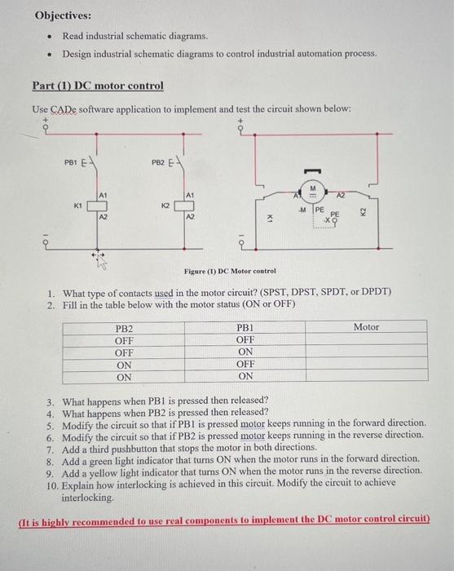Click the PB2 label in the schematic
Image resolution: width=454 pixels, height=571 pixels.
[157, 162]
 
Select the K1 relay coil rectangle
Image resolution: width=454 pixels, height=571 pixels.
[99, 207]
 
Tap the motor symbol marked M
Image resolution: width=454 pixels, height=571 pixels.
[311, 197]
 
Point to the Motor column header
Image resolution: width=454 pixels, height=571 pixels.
[366, 326]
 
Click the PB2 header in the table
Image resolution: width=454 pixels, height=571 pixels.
[125, 327]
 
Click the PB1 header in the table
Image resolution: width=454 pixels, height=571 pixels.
[245, 327]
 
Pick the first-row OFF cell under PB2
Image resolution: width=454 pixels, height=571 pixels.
[125, 340]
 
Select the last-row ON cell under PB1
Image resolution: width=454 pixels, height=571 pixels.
[245, 377]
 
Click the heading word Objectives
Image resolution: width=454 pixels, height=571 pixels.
[63, 15]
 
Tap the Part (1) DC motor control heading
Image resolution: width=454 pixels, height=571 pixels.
[98, 86]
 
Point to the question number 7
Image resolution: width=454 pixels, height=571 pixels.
[51, 448]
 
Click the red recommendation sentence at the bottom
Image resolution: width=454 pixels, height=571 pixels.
[223, 520]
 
